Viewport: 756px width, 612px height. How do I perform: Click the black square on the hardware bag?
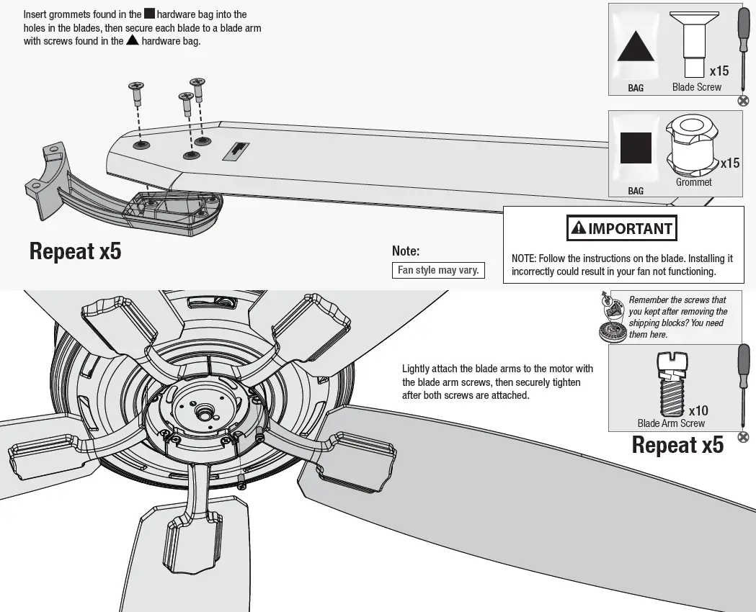click(636, 148)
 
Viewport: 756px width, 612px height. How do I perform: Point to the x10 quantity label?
click(698, 411)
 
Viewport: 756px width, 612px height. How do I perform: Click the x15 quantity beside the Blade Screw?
click(719, 71)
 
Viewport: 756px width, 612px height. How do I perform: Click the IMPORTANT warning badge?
click(622, 229)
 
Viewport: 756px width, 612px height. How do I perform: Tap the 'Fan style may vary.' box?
click(438, 271)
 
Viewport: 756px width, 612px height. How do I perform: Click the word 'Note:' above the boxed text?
click(406, 251)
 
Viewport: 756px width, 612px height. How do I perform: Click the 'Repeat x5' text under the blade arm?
click(75, 251)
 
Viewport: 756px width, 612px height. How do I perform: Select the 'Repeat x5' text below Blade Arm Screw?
click(677, 445)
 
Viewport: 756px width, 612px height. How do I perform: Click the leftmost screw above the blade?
click(136, 93)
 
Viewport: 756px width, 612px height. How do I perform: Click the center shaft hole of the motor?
click(205, 413)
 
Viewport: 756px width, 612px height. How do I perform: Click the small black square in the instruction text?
click(149, 14)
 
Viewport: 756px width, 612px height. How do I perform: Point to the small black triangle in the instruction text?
click(132, 40)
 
